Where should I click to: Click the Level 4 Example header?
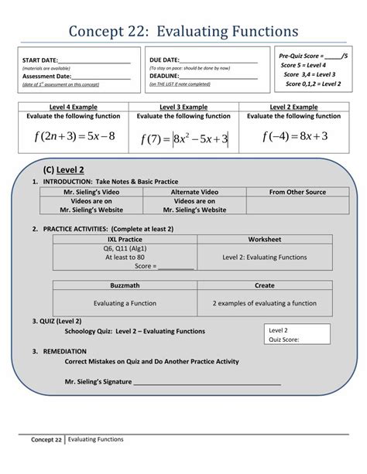pos(74,107)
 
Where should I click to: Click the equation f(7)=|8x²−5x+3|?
pos(183,139)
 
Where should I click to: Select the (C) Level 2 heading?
pos(65,169)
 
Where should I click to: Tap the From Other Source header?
pos(297,191)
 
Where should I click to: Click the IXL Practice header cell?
pos(125,240)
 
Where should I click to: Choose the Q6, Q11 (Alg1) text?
pos(125,249)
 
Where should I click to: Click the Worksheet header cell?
pos(265,240)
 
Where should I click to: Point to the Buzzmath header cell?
pos(125,285)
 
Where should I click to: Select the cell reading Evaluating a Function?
pos(125,303)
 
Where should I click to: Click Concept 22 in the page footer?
pos(46,440)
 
